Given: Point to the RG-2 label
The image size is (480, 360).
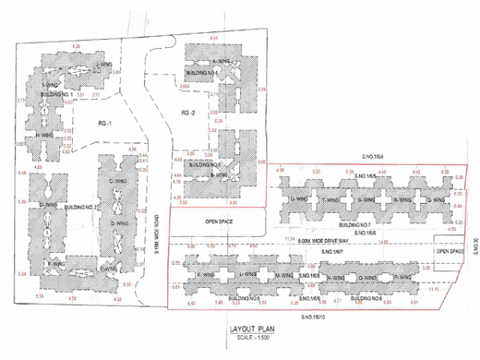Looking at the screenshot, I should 189,113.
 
